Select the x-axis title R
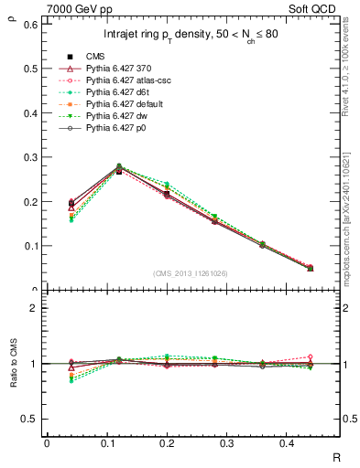coord(335,457)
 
